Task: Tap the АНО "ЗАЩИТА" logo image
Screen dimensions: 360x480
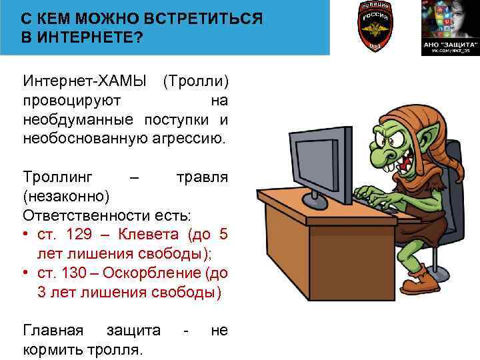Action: (x=447, y=27)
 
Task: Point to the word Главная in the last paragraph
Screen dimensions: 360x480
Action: (x=53, y=331)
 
